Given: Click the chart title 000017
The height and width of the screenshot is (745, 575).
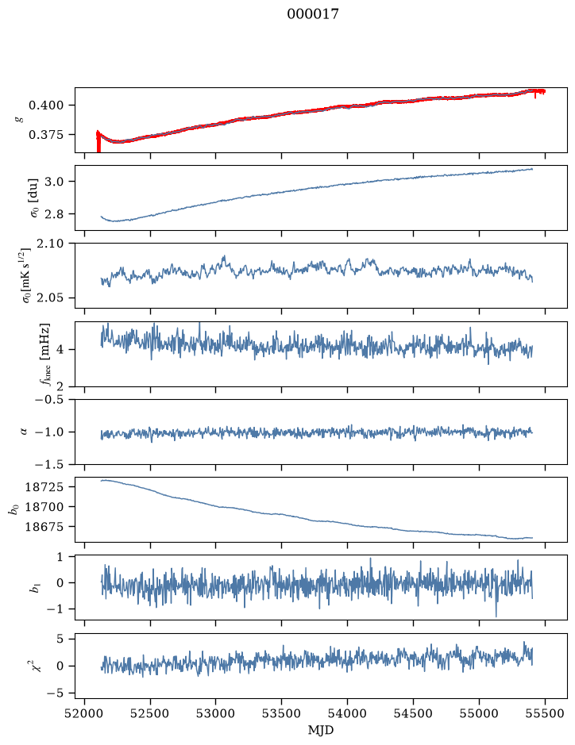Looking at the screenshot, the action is tap(313, 13).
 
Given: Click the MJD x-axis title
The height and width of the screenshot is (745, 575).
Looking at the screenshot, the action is tap(321, 730).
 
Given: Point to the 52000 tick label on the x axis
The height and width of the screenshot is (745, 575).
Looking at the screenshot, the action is tap(85, 713).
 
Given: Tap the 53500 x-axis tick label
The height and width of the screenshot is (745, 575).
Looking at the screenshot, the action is tap(282, 713).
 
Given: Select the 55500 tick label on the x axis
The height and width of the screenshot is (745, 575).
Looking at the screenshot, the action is tap(545, 713).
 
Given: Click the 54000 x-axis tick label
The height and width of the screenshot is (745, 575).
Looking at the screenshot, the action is tap(347, 713).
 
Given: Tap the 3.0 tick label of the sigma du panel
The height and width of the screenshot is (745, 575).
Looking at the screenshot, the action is tap(53, 182).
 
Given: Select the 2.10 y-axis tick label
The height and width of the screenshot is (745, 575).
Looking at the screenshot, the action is tap(49, 244).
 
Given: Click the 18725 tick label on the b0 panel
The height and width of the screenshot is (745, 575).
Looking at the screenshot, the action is tap(44, 487).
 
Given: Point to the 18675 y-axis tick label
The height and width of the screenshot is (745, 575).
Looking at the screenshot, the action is tap(44, 527).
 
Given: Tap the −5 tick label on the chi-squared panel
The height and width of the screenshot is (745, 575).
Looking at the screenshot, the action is tap(55, 693).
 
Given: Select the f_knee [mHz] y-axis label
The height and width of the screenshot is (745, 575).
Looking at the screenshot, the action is tap(44, 354).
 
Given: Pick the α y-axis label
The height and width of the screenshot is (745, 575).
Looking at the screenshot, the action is tap(24, 432).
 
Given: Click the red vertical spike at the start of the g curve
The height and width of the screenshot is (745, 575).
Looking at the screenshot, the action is tap(98, 141).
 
